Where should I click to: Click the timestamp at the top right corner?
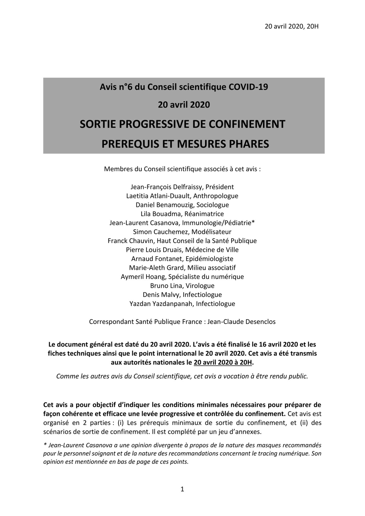click(x=291, y=27)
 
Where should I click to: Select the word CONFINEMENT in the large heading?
click(x=247, y=124)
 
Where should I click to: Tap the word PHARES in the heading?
click(x=249, y=144)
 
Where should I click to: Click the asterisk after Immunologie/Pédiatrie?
click(x=253, y=222)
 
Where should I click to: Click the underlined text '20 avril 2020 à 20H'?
click(x=223, y=362)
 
